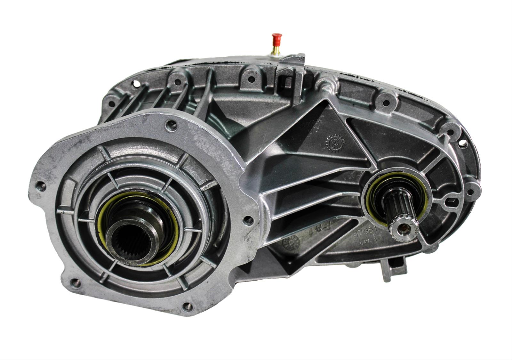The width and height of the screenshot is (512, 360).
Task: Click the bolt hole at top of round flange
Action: (172, 125)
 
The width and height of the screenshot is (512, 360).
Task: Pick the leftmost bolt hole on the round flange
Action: (41, 186)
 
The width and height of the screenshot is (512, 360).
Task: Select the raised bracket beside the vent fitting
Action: (293, 69)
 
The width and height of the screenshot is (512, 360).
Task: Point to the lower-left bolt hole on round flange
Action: (76, 282)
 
